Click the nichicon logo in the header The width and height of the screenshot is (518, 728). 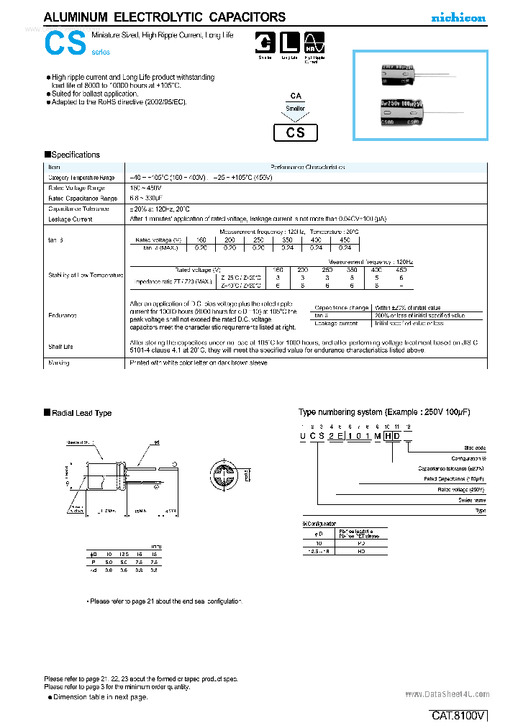click(458, 18)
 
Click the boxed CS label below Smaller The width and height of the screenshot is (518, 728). click(296, 132)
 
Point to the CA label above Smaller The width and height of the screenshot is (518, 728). click(296, 95)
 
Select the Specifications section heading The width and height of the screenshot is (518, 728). click(73, 155)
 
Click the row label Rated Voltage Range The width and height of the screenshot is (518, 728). click(73, 188)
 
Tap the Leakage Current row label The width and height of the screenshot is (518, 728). click(70, 219)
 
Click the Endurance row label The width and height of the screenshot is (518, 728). click(63, 315)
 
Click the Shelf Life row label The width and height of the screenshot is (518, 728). click(61, 347)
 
